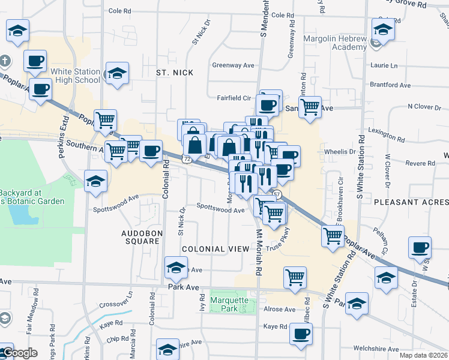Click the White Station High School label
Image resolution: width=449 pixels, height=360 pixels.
pyautogui.click(x=75, y=76)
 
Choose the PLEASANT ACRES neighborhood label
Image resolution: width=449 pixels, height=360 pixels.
pyautogui.click(x=411, y=202)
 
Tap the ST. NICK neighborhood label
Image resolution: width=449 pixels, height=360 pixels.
pyautogui.click(x=175, y=73)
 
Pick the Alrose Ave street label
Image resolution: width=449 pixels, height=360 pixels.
pyautogui.click(x=280, y=310)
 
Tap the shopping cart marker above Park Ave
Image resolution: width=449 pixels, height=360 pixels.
pyautogui.click(x=295, y=277)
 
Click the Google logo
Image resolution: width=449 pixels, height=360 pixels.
pyautogui.click(x=19, y=353)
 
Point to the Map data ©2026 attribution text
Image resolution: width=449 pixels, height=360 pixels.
pyautogui.click(x=423, y=355)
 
